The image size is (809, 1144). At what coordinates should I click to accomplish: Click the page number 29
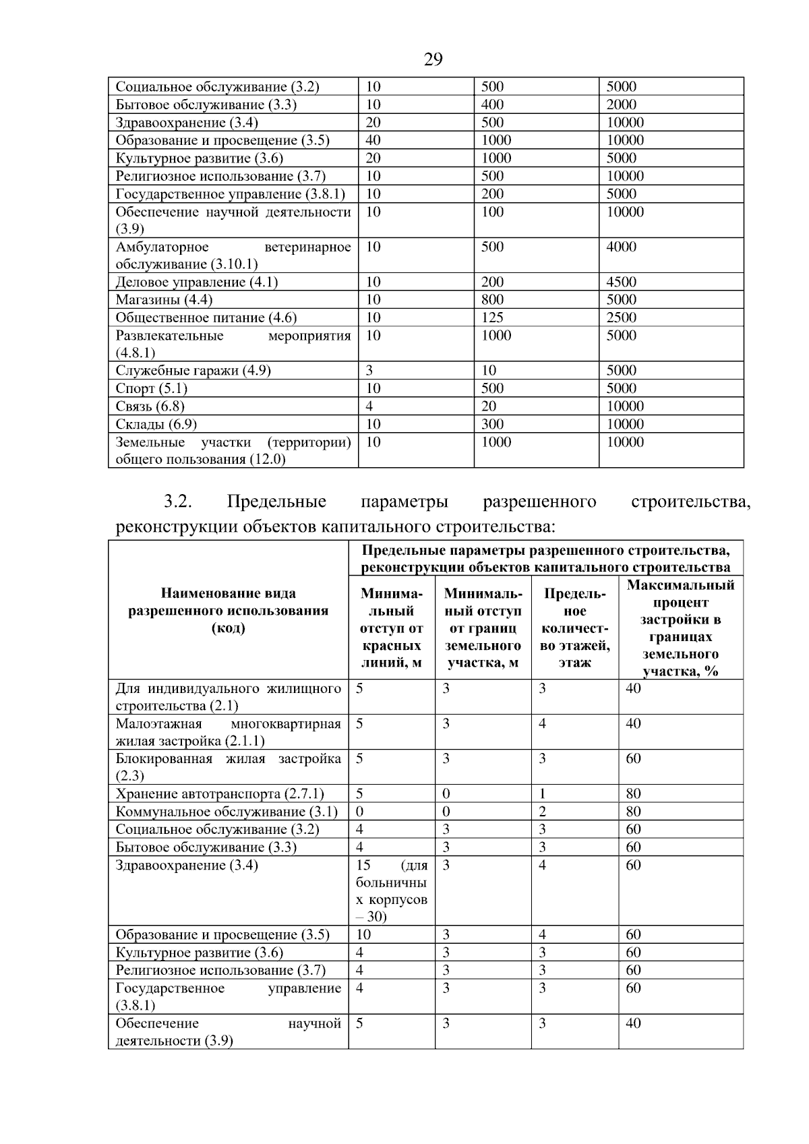pos(433,59)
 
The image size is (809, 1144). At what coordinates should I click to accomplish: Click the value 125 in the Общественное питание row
pos(492,318)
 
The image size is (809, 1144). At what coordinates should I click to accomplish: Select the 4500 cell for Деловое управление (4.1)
pos(621,282)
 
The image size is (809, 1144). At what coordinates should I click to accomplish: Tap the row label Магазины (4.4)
pos(164,300)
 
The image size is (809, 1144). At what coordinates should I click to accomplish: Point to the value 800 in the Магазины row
pos(492,299)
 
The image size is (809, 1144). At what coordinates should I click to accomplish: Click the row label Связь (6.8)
pos(150,406)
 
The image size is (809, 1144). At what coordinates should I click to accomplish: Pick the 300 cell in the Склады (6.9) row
pos(492,424)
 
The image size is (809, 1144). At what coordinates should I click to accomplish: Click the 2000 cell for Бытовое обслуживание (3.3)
pos(621,104)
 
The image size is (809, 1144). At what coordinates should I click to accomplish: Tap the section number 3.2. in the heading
pos(178,502)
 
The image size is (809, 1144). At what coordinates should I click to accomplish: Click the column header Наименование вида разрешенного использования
pos(228,611)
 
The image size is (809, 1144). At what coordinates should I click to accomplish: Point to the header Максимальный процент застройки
pos(680,628)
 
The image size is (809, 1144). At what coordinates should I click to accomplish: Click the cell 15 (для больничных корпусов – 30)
pos(391,891)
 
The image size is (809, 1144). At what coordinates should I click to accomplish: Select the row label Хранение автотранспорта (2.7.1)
pos(220,793)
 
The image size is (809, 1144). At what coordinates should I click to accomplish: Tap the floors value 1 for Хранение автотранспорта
pos(542,793)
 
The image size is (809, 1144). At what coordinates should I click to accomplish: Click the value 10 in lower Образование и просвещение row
pos(363,934)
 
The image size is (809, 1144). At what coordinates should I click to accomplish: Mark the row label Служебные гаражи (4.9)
pos(193,370)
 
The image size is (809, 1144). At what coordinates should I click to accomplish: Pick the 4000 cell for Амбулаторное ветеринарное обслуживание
pos(621,247)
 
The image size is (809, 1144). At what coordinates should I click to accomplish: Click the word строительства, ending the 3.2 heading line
pos(690,502)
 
